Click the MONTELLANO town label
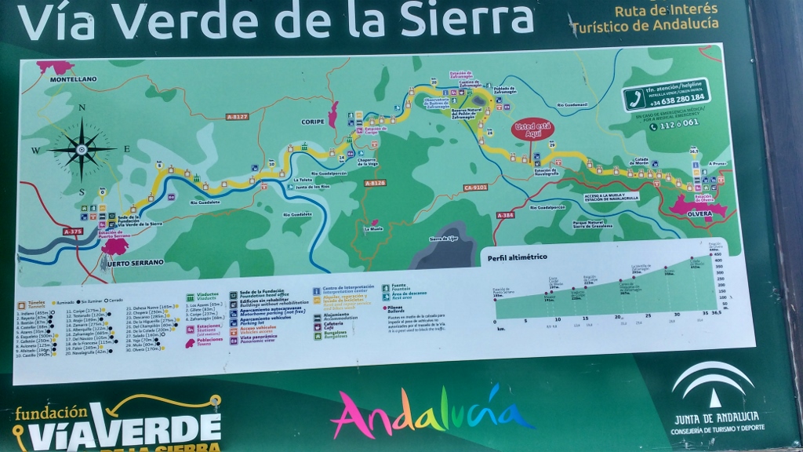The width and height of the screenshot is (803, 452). click(x=73, y=79)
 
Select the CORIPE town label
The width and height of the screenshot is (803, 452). click(x=313, y=122)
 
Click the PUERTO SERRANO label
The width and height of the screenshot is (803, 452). click(x=131, y=262)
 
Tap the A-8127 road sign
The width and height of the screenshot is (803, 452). click(x=236, y=117)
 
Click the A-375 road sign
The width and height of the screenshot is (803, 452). click(x=72, y=231)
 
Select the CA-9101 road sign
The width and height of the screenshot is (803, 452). click(x=475, y=188)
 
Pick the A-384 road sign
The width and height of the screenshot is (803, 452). click(x=505, y=215)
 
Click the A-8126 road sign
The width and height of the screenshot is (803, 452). click(x=376, y=183)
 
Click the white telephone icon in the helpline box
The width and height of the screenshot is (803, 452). click(x=634, y=97)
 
